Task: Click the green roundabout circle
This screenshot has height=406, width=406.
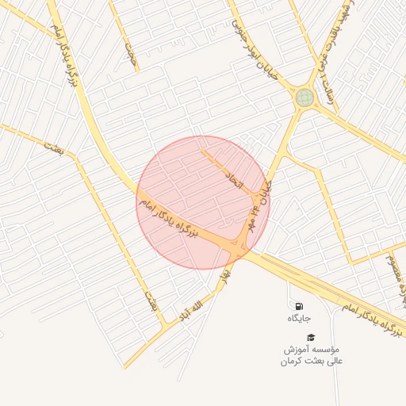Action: (x=304, y=98)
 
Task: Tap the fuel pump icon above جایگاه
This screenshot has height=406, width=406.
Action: (x=298, y=306)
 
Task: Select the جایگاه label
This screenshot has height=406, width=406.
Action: (x=299, y=318)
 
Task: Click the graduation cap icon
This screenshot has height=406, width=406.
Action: (x=310, y=338)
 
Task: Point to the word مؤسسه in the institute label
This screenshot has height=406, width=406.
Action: (x=324, y=349)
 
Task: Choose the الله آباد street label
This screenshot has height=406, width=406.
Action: (x=197, y=305)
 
